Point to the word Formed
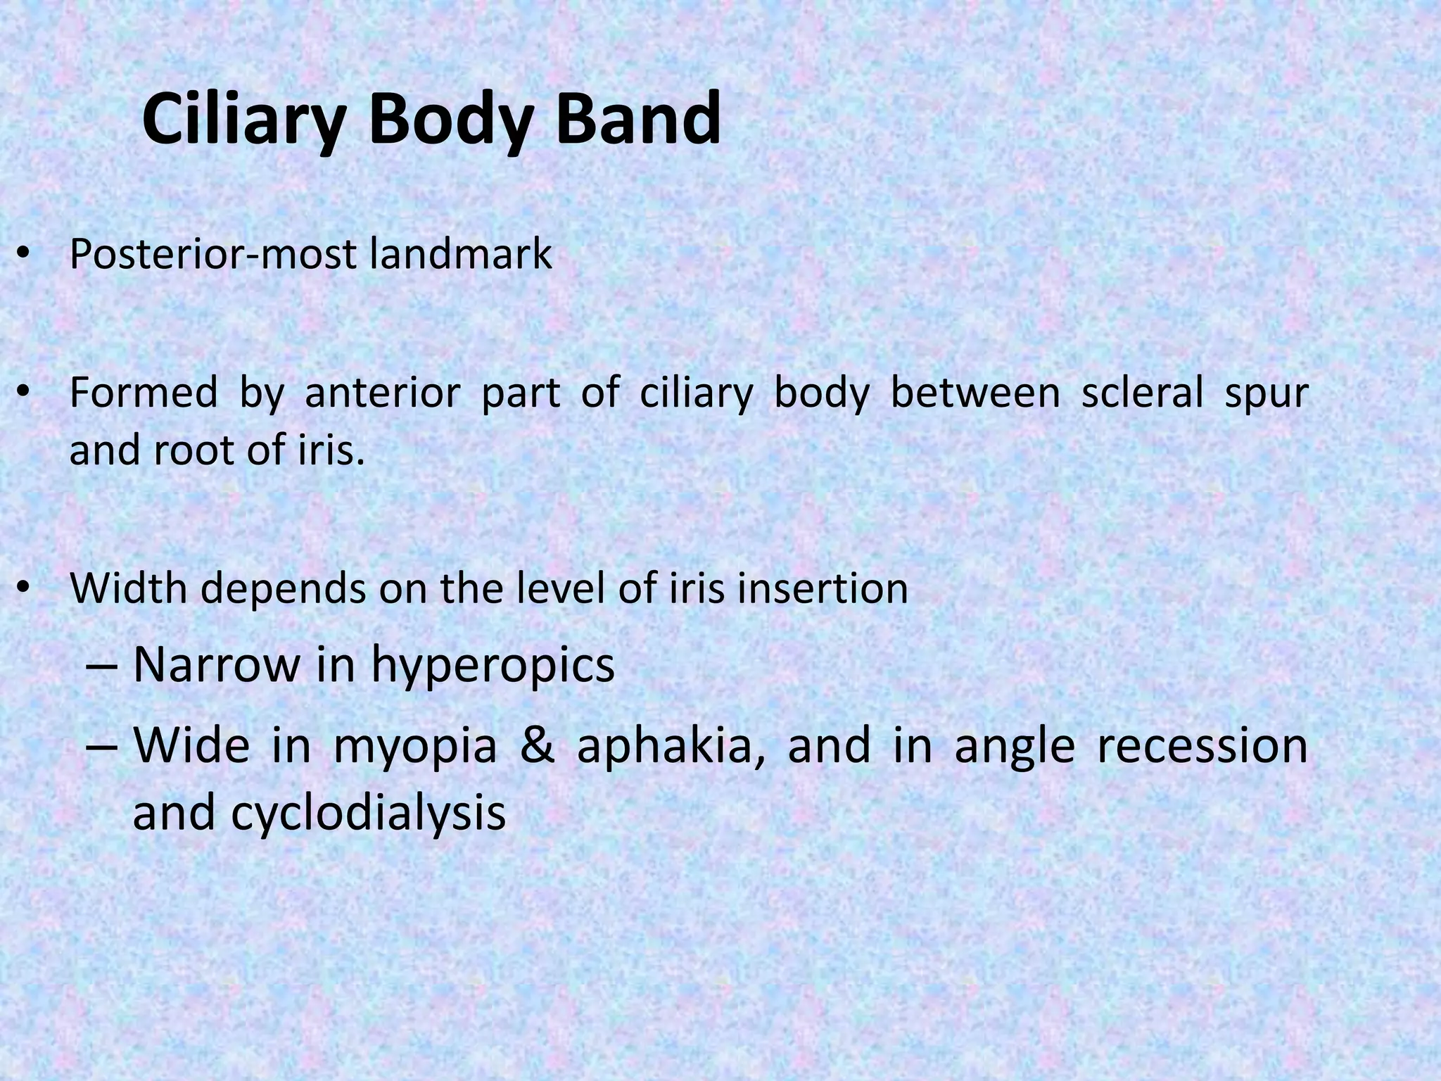(x=143, y=393)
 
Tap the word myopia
(x=415, y=747)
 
